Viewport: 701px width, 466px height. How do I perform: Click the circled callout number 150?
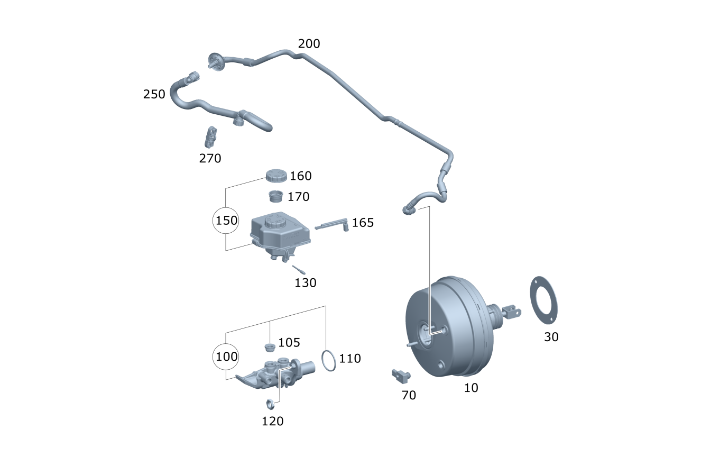[226, 221]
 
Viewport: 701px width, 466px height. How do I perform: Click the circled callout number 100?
[226, 357]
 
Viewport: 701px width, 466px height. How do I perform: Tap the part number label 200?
[309, 44]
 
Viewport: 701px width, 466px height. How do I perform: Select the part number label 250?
[154, 95]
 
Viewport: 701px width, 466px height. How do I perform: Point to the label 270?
[210, 158]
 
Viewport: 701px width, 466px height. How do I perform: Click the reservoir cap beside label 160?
[275, 176]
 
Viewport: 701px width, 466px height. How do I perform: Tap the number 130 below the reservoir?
[305, 283]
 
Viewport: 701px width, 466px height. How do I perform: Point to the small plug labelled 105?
[270, 348]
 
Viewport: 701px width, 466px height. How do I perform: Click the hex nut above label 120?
[269, 404]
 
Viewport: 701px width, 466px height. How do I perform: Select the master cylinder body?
[275, 373]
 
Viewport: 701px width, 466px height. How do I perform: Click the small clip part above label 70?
[400, 375]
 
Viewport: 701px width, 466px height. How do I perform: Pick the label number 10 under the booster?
[471, 388]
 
